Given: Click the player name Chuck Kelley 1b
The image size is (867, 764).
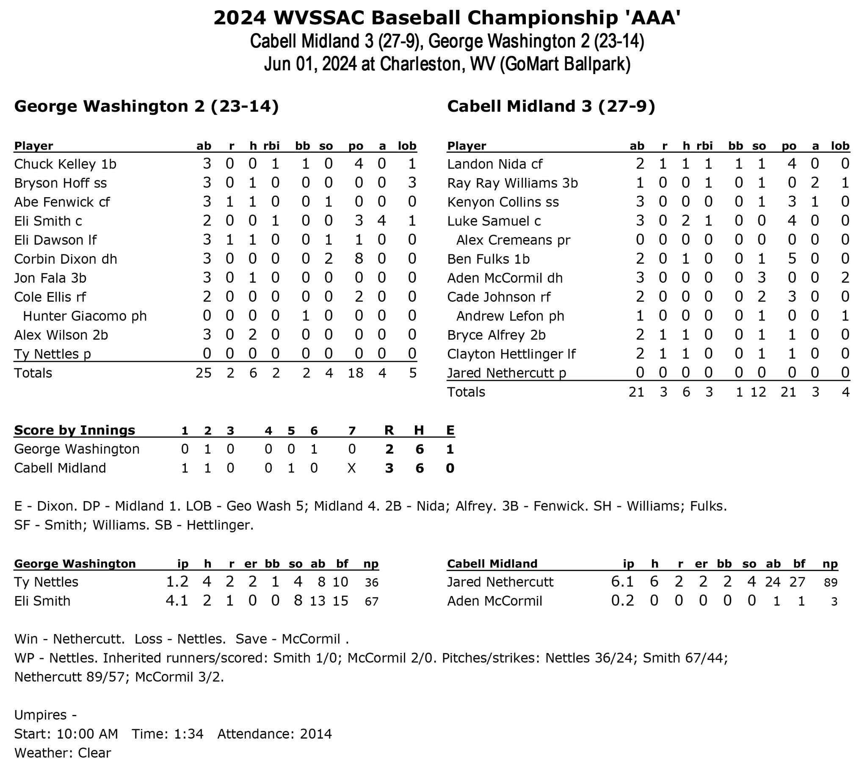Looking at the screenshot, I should pos(65,164).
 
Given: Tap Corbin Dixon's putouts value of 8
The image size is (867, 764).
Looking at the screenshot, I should pos(359,259).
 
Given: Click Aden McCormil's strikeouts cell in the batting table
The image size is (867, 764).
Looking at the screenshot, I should pos(762,278).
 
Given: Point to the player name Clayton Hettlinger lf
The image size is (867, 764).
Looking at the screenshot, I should pos(511,354).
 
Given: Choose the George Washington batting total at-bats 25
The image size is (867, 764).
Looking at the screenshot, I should pos(204,373).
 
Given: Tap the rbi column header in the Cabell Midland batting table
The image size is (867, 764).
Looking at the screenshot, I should pos(704,146).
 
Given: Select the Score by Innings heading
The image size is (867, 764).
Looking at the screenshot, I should pos(75,430).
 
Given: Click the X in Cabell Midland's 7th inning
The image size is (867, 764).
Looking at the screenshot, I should pos(352,468).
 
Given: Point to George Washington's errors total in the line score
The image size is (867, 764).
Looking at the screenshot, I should pos(450,449).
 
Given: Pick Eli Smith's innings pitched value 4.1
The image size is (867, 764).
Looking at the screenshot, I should pos(177,601).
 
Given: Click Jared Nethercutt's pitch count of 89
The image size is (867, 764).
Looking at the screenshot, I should pos(831,582).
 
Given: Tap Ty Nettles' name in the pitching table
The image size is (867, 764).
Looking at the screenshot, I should pos(46,582).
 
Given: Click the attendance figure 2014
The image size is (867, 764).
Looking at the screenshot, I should pos(316,734).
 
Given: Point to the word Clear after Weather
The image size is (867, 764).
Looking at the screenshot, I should pos(94,753).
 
